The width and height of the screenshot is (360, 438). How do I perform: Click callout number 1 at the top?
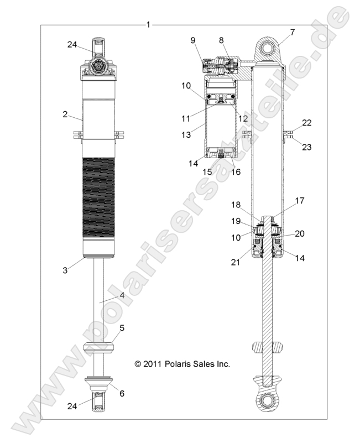click(x=148, y=25)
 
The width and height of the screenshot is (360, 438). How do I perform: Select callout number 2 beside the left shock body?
click(x=65, y=114)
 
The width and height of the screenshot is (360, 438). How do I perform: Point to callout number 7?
click(x=293, y=32)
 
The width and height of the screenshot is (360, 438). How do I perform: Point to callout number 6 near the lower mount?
click(x=122, y=393)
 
